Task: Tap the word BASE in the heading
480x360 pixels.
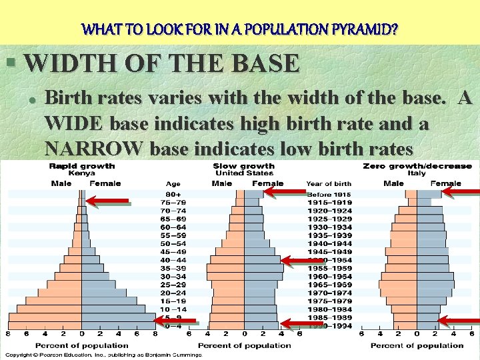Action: [265, 63]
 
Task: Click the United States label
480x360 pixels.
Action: [244, 173]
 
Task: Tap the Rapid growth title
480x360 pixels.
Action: [81, 165]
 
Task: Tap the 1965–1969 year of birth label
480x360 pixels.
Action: [329, 285]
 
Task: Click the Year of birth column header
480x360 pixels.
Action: [329, 183]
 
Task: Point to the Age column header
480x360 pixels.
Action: [173, 183]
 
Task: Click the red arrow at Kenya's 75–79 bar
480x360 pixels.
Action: [110, 199]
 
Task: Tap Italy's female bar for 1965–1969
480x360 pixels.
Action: [436, 285]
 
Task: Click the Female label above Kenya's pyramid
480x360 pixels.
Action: [105, 183]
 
